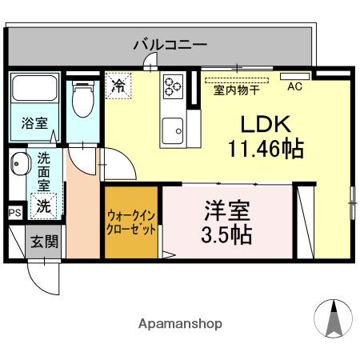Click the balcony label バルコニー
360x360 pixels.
click(x=170, y=45)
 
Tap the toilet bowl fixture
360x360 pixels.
click(x=83, y=99)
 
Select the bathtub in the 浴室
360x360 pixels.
click(x=34, y=88)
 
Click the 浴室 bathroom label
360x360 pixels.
click(x=34, y=123)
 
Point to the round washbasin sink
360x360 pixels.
click(x=18, y=163)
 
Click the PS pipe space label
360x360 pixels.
click(x=15, y=213)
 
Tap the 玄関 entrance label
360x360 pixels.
click(x=44, y=242)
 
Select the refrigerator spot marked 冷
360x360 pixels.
click(x=118, y=86)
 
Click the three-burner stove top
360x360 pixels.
click(x=174, y=85)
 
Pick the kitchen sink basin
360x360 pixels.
click(x=173, y=131)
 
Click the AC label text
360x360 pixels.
click(x=295, y=86)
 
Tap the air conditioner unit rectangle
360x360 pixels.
click(x=295, y=76)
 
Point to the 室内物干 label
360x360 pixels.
click(x=237, y=90)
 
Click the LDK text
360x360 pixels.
click(x=266, y=124)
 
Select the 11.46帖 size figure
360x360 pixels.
click(x=266, y=149)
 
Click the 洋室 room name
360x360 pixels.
click(x=227, y=210)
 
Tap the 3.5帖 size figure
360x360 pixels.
click(x=226, y=234)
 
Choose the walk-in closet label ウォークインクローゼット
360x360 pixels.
click(x=131, y=222)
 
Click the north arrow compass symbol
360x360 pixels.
click(x=334, y=318)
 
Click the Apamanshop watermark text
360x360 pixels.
click(x=180, y=324)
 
